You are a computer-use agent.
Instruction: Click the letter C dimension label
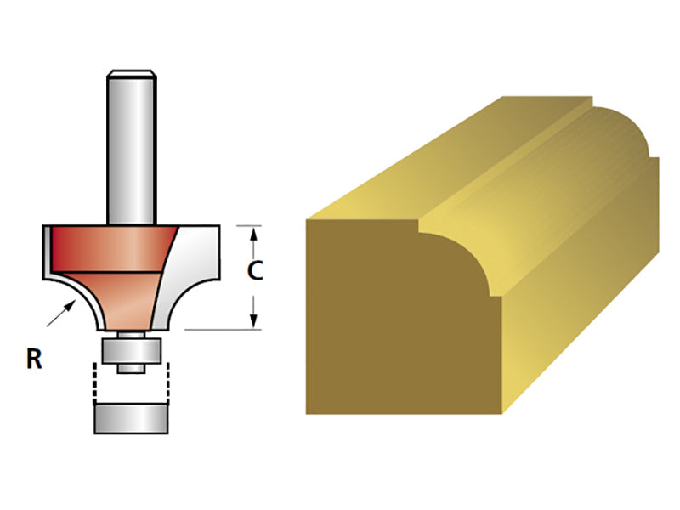254,271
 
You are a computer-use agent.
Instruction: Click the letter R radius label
34,360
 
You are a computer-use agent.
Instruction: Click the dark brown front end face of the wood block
382,331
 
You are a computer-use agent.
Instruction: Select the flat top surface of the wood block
425,170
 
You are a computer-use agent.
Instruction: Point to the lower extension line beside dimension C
217,329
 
